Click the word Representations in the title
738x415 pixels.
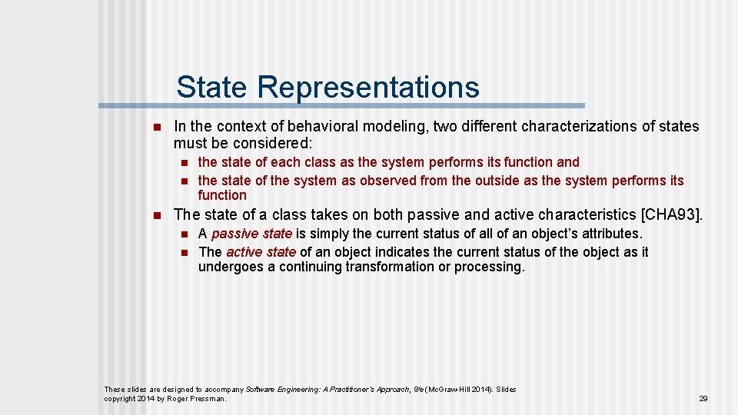pyautogui.click(x=368, y=88)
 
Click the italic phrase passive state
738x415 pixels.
pyautogui.click(x=251, y=234)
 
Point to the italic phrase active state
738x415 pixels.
pyautogui.click(x=261, y=252)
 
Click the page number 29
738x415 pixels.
pyautogui.click(x=703, y=399)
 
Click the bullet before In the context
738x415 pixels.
pyautogui.click(x=156, y=127)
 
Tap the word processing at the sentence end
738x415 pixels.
pyautogui.click(x=489, y=267)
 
